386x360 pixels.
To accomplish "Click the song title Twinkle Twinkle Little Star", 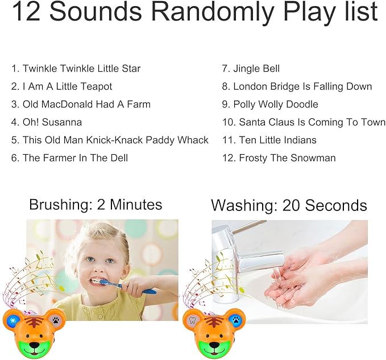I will click(x=76, y=69).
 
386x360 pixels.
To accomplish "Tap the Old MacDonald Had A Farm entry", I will click(x=81, y=104).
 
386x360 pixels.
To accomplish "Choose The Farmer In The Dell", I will click(x=69, y=158).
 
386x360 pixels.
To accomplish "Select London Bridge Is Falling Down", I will click(x=297, y=86).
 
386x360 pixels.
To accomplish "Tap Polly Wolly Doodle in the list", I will click(x=270, y=104).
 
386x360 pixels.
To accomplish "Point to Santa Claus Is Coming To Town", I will click(x=304, y=122).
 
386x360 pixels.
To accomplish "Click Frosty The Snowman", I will click(x=279, y=158).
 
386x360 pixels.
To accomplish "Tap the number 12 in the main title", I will click(x=25, y=13).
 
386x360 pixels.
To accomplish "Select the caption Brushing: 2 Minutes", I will click(x=96, y=205).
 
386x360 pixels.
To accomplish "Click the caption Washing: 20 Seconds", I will click(x=289, y=205).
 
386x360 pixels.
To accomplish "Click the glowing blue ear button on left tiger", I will click(x=11, y=321).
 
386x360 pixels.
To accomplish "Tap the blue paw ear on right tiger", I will click(x=234, y=320).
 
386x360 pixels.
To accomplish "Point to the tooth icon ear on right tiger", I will click(x=192, y=321).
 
